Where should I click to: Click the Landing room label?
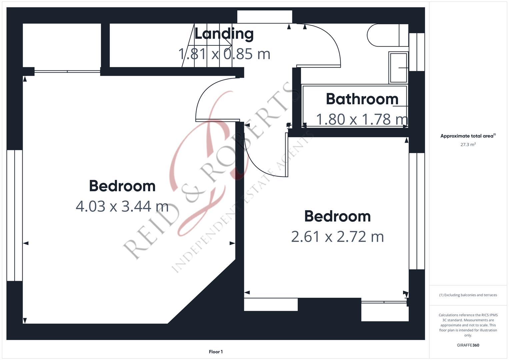[x=224, y=34]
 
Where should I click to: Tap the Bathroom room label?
[x=362, y=99]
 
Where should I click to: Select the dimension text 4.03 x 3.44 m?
[x=122, y=206]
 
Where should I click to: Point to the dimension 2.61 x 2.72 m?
[x=337, y=237]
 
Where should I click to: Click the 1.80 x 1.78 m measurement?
[x=362, y=119]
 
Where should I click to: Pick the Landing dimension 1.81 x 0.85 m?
[x=224, y=54]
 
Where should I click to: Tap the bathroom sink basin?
[x=398, y=68]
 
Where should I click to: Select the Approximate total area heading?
[x=468, y=136]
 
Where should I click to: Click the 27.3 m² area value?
[x=468, y=145]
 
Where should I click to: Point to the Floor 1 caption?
[x=216, y=352]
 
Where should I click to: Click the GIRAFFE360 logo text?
[x=468, y=345]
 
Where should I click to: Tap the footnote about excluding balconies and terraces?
[x=468, y=295]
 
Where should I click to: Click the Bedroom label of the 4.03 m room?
[x=122, y=186]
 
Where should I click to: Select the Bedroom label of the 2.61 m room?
[x=337, y=216]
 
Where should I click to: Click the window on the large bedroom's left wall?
[x=15, y=215]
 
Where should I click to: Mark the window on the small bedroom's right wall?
[x=417, y=211]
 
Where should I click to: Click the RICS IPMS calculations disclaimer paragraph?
[x=468, y=325]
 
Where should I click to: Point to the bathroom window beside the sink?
[x=417, y=52]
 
